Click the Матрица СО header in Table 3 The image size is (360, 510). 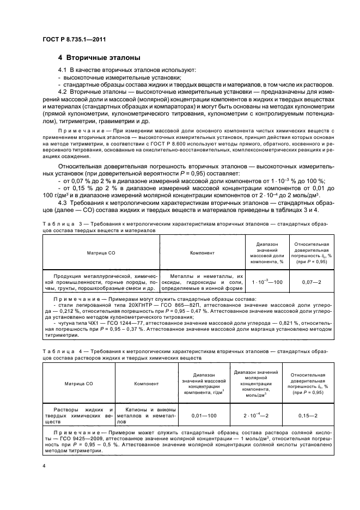tap(101, 253)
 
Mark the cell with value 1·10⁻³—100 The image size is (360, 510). tap(267, 282)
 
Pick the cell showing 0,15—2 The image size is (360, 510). tap(308, 415)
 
